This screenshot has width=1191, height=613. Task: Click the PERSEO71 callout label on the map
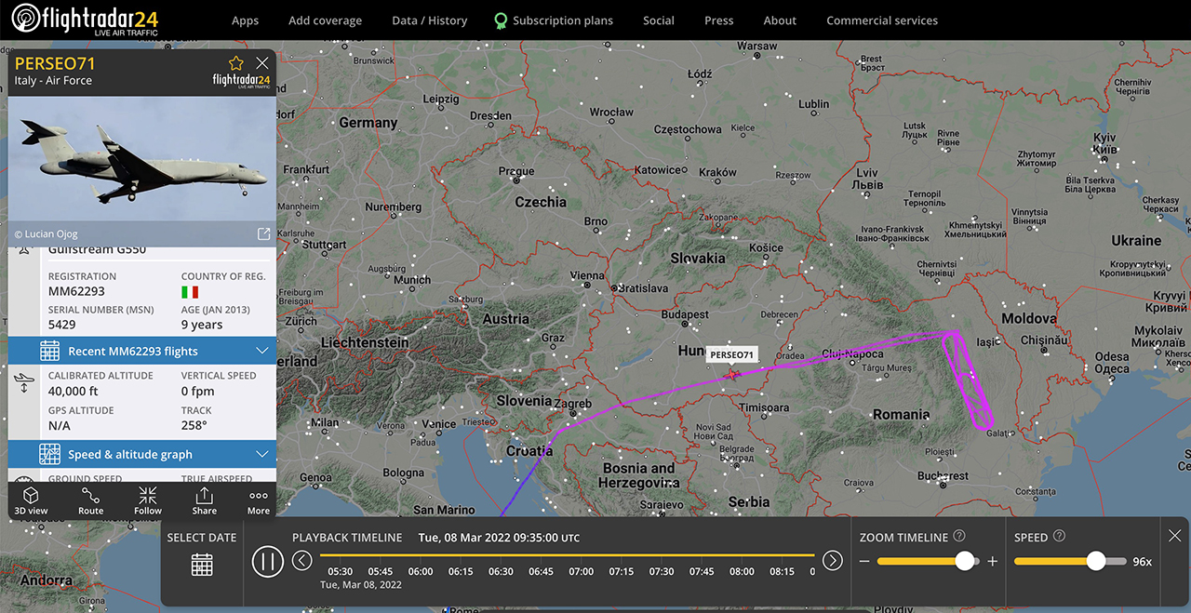pyautogui.click(x=731, y=354)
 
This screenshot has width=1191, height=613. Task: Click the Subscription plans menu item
pyautogui.click(x=562, y=20)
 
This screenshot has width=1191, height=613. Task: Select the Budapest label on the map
pyautogui.click(x=685, y=314)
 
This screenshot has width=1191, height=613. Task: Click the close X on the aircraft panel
pyautogui.click(x=262, y=63)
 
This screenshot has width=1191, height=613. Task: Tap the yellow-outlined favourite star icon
pyautogui.click(x=236, y=63)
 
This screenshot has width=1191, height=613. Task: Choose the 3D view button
pyautogui.click(x=31, y=500)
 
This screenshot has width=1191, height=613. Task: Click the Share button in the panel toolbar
pyautogui.click(x=204, y=500)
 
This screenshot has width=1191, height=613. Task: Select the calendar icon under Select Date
pyautogui.click(x=202, y=564)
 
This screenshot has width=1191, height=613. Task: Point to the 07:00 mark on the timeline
pyautogui.click(x=581, y=571)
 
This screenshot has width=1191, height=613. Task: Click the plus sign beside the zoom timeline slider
pyautogui.click(x=992, y=561)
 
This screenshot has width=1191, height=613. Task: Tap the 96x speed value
pyautogui.click(x=1142, y=561)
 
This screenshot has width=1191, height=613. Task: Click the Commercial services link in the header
pyautogui.click(x=881, y=20)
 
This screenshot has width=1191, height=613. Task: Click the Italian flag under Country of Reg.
pyautogui.click(x=189, y=292)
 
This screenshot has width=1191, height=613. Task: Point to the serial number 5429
pyautogui.click(x=62, y=325)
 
